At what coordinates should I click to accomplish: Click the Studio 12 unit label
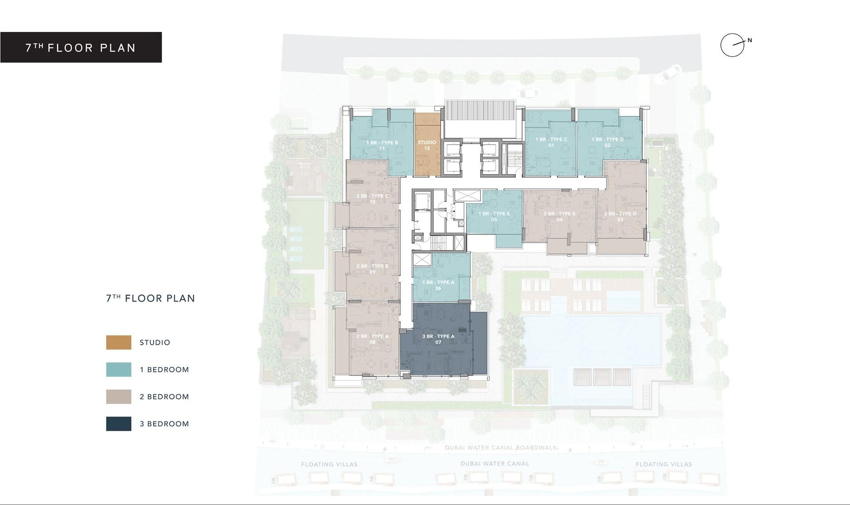coord(427,145)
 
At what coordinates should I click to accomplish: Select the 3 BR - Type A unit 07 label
coord(438,339)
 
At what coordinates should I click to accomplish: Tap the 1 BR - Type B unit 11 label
coord(382,145)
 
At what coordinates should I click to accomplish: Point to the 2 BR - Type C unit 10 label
coord(372,199)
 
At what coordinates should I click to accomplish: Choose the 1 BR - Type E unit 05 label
coord(494,217)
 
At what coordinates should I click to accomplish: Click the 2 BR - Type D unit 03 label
coord(620,217)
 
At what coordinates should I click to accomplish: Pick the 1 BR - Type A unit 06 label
coord(438,285)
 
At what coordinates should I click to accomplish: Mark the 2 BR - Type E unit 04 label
coord(560,217)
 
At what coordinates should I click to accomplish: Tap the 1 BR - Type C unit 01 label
coord(551,142)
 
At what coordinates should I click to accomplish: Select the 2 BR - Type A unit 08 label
coord(372,339)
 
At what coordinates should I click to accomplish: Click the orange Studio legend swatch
coord(119,342)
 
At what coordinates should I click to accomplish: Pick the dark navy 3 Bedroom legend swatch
coord(119,424)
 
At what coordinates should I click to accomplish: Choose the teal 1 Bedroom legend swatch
coord(119,370)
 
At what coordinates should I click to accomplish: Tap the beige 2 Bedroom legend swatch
coord(119,397)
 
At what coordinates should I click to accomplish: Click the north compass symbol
coord(733,45)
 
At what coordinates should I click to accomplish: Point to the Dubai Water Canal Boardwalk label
coord(501,448)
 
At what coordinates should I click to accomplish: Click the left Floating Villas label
coord(329,464)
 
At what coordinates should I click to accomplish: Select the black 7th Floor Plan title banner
coord(81,47)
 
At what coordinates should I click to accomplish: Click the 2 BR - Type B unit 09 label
coord(372,269)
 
